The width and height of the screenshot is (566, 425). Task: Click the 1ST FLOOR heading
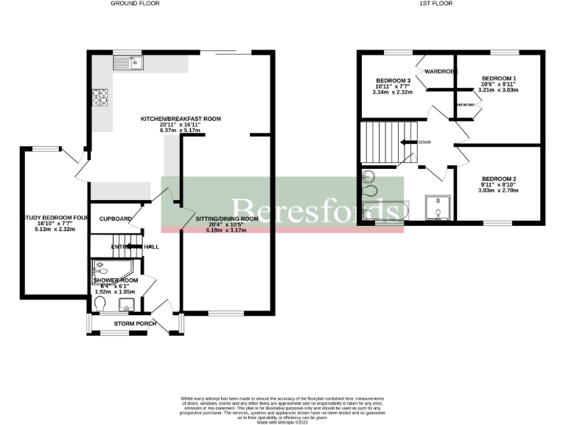pyautogui.click(x=436, y=4)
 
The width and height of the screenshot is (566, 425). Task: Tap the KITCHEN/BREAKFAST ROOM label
pyautogui.click(x=181, y=119)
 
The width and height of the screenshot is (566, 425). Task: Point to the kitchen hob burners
pyautogui.click(x=99, y=97)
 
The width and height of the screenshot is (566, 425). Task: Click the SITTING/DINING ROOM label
pyautogui.click(x=227, y=219)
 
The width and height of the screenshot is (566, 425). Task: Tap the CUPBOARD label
pyautogui.click(x=116, y=219)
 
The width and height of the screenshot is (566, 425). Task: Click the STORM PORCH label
pyautogui.click(x=134, y=324)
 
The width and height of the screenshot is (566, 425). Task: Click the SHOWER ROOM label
pyautogui.click(x=116, y=280)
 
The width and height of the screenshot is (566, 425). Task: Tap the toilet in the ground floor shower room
pyautogui.click(x=100, y=304)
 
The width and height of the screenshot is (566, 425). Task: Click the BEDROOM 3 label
pyautogui.click(x=392, y=80)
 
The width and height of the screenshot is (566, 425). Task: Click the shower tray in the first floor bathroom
pyautogui.click(x=439, y=207)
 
